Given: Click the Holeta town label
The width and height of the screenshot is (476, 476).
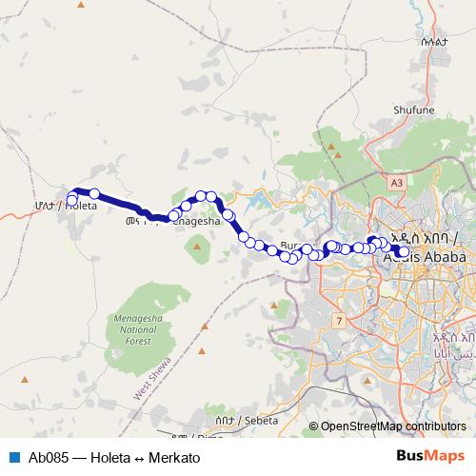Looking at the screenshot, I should click(79, 206).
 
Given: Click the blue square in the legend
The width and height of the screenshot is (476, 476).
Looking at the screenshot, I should click(14, 457).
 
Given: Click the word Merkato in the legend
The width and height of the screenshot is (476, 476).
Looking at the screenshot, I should click(175, 457).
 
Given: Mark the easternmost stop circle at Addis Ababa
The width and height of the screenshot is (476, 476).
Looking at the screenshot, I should click(404, 252).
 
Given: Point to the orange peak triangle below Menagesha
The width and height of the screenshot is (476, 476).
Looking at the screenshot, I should click(198, 248).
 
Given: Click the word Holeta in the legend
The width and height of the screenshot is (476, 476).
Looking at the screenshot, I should click(113, 457).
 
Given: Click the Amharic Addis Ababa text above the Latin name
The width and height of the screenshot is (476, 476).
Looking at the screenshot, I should click(425, 239).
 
